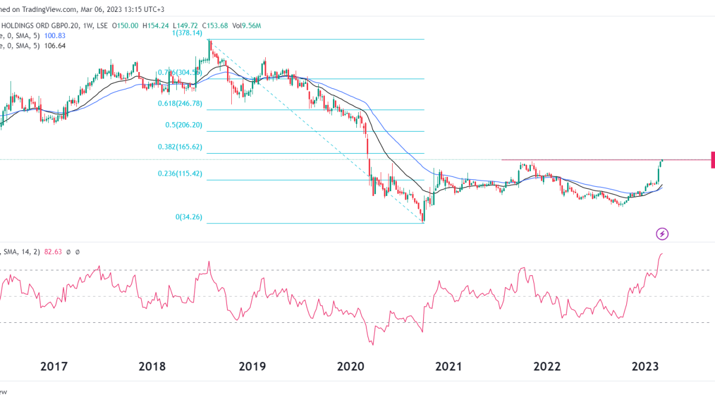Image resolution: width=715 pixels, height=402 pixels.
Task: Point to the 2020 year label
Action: [352, 366]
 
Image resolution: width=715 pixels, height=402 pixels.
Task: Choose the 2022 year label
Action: [547, 366]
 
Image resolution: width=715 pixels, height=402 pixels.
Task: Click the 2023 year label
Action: [645, 366]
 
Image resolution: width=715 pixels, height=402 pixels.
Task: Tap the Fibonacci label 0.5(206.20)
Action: [184, 126]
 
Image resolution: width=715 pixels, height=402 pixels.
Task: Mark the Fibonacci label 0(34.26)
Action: [189, 218]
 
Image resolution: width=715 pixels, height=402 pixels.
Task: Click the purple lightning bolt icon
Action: [662, 233]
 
